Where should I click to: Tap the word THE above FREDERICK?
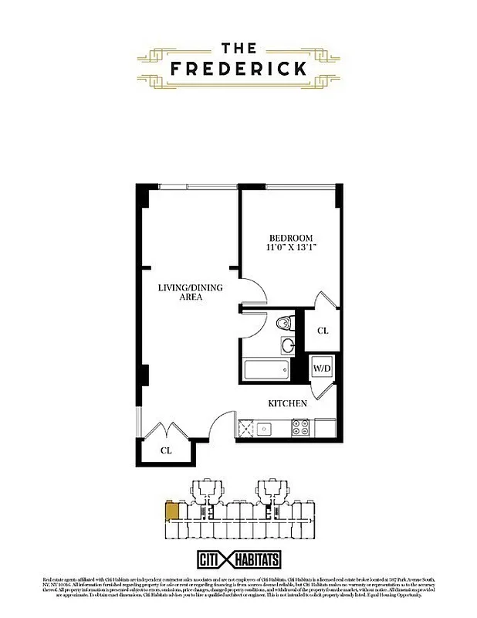point(238,46)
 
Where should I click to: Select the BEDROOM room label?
point(291,237)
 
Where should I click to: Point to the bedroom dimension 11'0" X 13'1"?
point(291,248)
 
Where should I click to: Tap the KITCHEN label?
point(287,403)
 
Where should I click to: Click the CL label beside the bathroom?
point(323,331)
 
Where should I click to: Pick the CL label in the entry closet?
point(165,450)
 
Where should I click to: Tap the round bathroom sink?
point(287,345)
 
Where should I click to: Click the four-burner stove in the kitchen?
point(302,426)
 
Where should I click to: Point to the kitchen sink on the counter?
point(265,426)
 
